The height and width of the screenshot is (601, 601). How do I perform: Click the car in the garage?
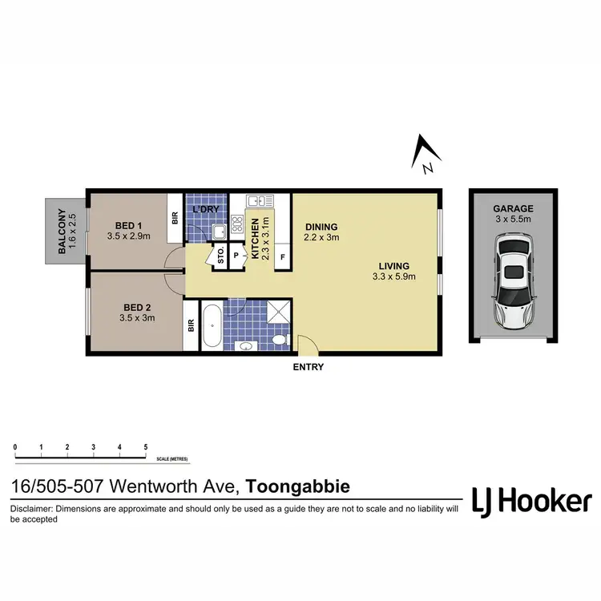pyautogui.click(x=512, y=280)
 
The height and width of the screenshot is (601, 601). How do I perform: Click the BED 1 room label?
pyautogui.click(x=124, y=225)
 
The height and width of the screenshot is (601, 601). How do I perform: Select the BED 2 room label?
pyautogui.click(x=138, y=307)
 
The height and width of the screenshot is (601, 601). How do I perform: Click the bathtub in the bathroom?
pyautogui.click(x=211, y=326)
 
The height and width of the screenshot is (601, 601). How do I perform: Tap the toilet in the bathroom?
pyautogui.click(x=278, y=341)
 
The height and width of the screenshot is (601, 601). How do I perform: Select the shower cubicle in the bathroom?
pyautogui.click(x=278, y=313)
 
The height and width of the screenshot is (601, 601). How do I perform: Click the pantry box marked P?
pyautogui.click(x=236, y=256)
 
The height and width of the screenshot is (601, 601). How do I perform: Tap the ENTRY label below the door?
pyautogui.click(x=309, y=367)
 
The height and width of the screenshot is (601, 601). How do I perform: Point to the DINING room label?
pyautogui.click(x=321, y=227)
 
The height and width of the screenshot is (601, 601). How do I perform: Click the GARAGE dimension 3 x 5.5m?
pyautogui.click(x=513, y=220)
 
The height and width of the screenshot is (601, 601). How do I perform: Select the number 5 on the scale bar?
pyautogui.click(x=145, y=446)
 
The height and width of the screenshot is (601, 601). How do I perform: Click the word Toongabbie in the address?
pyautogui.click(x=297, y=486)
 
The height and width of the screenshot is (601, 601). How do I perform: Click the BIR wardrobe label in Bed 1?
pyautogui.click(x=175, y=218)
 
